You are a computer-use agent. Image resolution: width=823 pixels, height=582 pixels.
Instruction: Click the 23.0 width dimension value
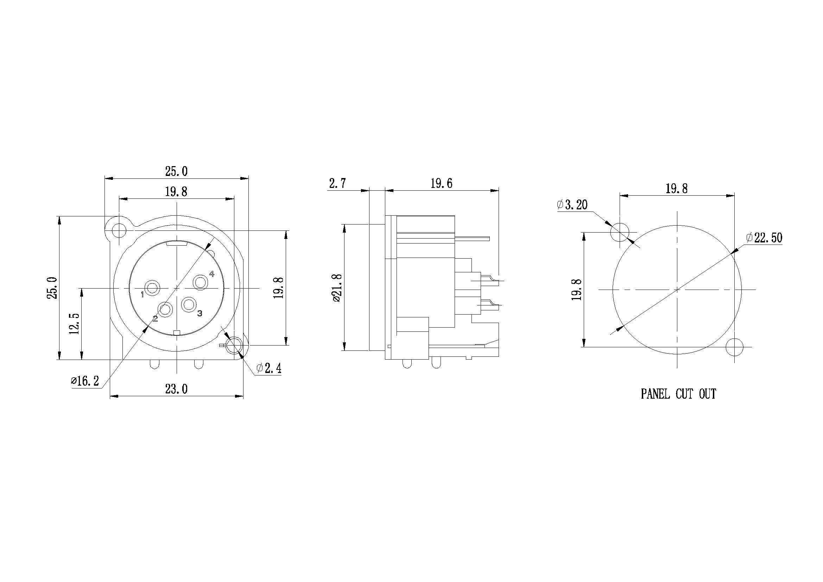click(176, 389)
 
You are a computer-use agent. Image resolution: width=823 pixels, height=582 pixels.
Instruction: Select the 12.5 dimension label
click(75, 324)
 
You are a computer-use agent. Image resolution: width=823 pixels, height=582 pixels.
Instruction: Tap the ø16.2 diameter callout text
click(85, 381)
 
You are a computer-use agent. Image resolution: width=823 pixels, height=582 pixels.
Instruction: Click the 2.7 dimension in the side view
click(337, 183)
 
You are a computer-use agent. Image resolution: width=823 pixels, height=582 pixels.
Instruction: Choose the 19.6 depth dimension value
click(441, 183)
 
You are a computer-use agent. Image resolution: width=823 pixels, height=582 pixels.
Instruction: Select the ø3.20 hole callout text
click(572, 205)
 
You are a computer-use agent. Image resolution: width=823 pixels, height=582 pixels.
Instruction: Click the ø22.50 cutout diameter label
click(764, 238)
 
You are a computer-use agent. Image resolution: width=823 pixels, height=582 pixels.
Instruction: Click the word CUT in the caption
click(684, 394)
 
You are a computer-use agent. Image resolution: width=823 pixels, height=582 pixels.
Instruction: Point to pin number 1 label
click(142, 295)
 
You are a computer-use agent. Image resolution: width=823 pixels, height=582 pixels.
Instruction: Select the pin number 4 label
click(212, 274)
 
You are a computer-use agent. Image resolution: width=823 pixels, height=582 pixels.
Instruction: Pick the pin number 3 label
click(200, 313)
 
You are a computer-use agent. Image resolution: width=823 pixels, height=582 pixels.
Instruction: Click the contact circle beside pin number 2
click(165, 309)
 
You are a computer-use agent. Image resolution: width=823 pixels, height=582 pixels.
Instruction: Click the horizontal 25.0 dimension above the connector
click(176, 171)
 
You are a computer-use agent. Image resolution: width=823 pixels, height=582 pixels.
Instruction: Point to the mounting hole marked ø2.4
click(234, 346)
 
